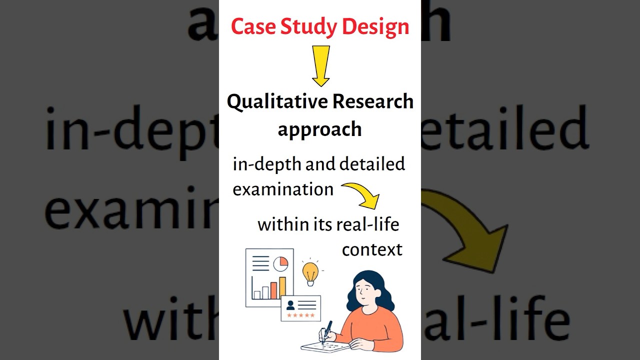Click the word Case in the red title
(x=253, y=27)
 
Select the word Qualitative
(x=277, y=102)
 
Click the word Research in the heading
(x=373, y=101)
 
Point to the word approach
(x=319, y=129)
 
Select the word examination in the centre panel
(x=283, y=189)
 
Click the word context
(x=372, y=249)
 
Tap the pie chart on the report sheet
(x=280, y=263)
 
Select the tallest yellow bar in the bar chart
(x=282, y=287)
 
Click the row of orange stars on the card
(x=300, y=315)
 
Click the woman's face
(x=364, y=289)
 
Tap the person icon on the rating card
(x=290, y=304)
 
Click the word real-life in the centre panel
(x=367, y=224)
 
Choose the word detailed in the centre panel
(x=372, y=164)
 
